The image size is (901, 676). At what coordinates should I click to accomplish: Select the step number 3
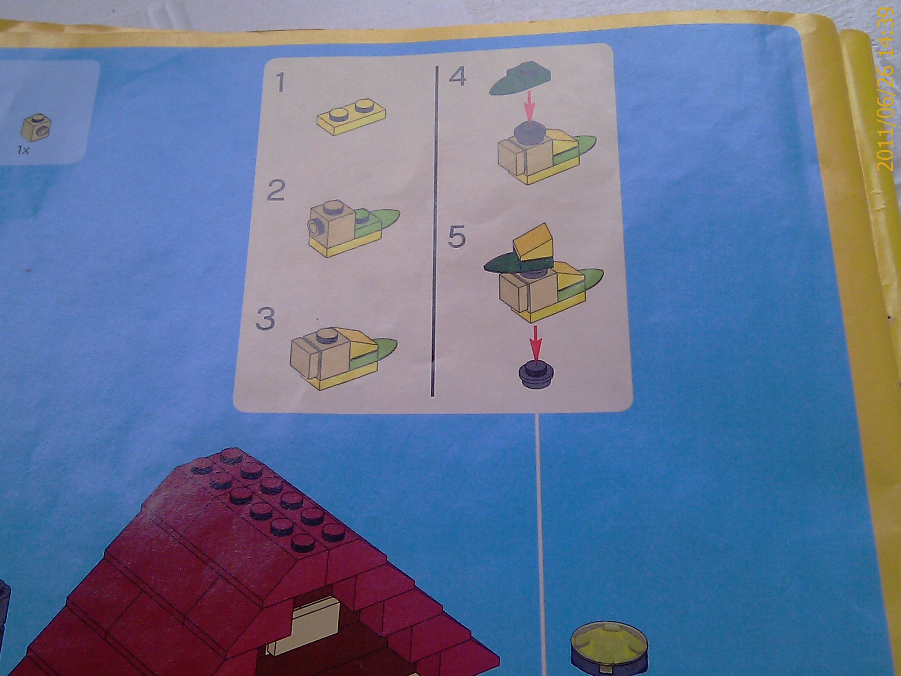pos(266,319)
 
